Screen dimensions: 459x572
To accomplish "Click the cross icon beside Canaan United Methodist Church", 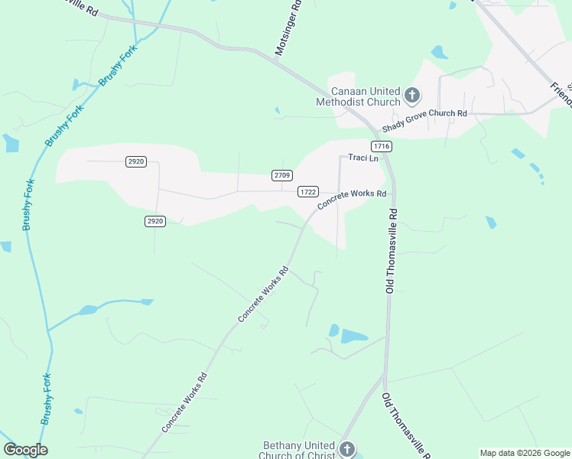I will tap(412, 96).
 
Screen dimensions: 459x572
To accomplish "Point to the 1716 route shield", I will tap(382, 145).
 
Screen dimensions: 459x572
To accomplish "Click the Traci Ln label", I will tap(363, 158).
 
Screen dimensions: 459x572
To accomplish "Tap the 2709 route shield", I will tap(281, 175).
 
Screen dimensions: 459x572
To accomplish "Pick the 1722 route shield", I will tap(308, 191).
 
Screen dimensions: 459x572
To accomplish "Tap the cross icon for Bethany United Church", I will tap(347, 449).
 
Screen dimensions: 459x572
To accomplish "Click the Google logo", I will tap(25, 450).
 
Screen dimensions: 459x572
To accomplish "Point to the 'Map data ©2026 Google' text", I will tap(525, 453).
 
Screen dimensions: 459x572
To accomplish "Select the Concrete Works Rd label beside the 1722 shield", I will tap(352, 198).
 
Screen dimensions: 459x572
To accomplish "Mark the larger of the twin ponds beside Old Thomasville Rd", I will tap(354, 336).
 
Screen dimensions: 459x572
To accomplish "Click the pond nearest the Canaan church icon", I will tap(439, 53).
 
